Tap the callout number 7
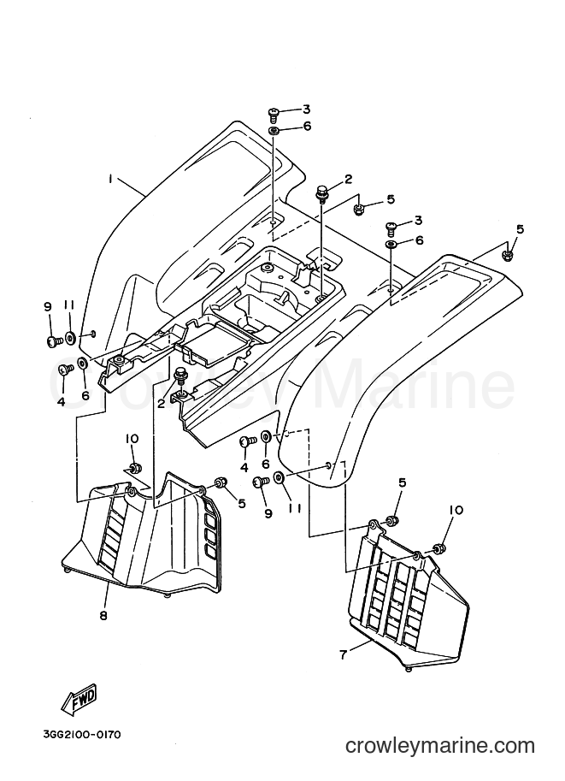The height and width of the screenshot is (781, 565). (x=343, y=654)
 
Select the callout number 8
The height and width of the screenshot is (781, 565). (x=103, y=616)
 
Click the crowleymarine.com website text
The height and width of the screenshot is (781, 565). (x=440, y=745)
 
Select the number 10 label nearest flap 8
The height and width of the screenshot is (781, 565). (x=132, y=439)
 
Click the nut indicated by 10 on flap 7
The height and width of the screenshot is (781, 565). (x=438, y=549)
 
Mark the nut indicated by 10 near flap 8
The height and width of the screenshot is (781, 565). (x=134, y=467)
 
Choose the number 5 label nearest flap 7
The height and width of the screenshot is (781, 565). (x=403, y=482)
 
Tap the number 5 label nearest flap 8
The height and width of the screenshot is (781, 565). (x=242, y=504)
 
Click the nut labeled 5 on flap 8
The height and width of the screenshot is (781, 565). (x=220, y=482)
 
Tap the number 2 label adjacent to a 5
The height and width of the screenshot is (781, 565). (x=349, y=180)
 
